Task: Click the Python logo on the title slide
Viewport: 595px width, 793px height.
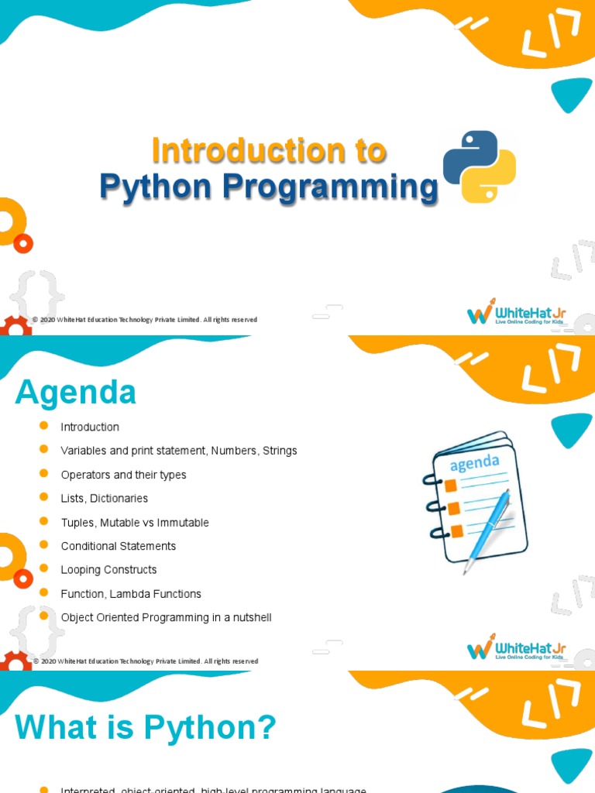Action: click(x=479, y=166)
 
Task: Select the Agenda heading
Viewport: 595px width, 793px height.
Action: click(x=75, y=393)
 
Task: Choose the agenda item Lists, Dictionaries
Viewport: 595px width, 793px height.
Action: click(x=105, y=499)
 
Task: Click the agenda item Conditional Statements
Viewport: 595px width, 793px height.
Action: click(x=119, y=546)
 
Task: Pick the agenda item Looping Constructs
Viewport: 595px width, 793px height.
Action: click(x=109, y=570)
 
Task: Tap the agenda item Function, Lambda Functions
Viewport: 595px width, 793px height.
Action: click(x=131, y=594)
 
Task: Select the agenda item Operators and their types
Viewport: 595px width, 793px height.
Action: click(x=124, y=475)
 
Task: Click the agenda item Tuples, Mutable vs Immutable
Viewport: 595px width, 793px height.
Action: click(x=135, y=523)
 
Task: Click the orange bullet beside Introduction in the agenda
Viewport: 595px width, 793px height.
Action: click(x=43, y=426)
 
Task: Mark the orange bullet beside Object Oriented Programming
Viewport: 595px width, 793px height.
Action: click(x=43, y=616)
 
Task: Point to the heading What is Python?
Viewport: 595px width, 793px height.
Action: click(x=146, y=728)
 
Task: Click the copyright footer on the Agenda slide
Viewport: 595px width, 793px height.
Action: click(x=145, y=661)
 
